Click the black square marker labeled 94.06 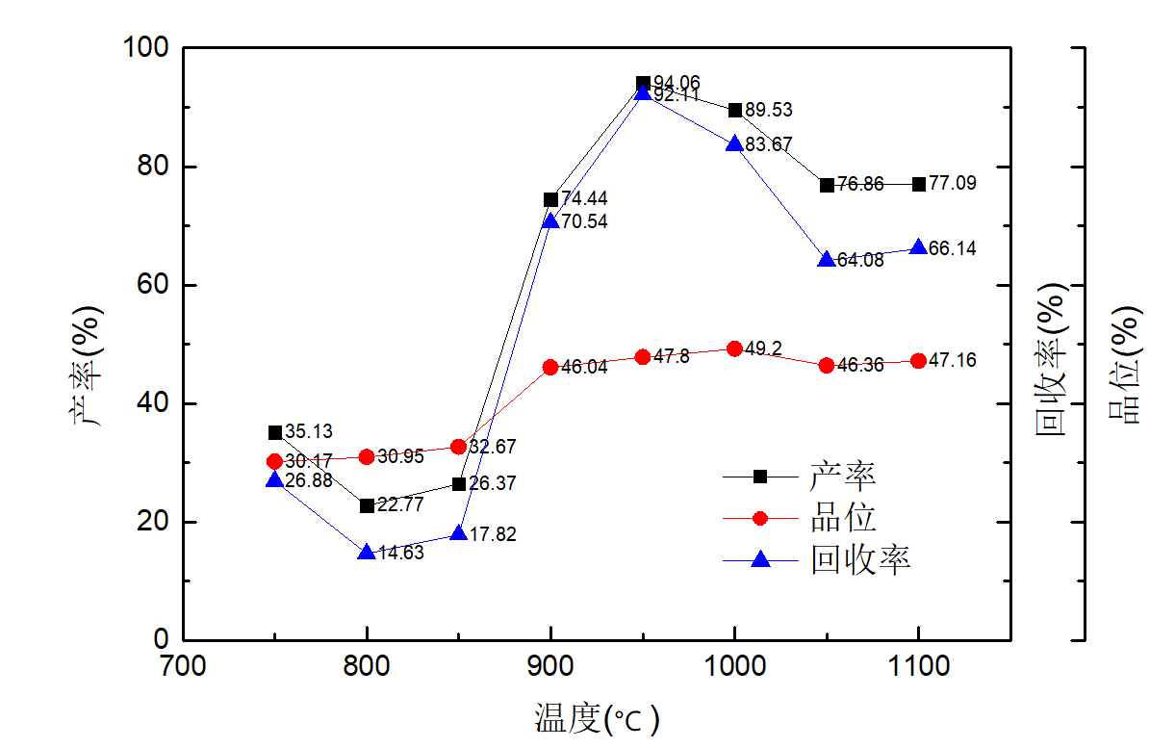(643, 84)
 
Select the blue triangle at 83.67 (734, 144)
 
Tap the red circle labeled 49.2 (734, 348)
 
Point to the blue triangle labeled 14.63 (367, 553)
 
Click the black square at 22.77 (367, 505)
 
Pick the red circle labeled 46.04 (550, 367)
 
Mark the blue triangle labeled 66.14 (919, 248)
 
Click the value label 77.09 (953, 183)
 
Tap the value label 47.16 (953, 361)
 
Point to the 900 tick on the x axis (550, 665)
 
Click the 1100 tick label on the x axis (919, 665)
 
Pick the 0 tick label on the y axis (160, 640)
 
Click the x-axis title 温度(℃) (597, 719)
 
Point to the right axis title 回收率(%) (1052, 358)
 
